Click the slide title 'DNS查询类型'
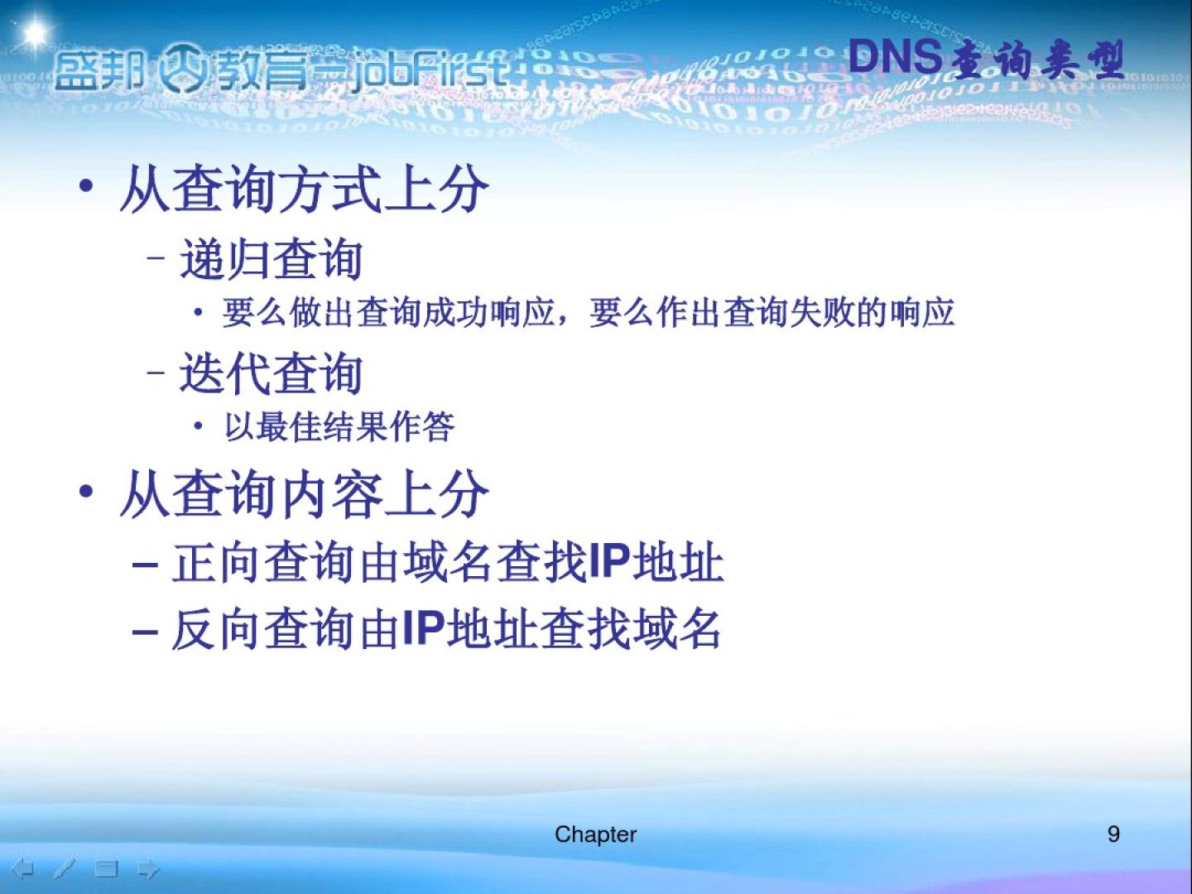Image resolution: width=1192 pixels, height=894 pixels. pyautogui.click(x=986, y=59)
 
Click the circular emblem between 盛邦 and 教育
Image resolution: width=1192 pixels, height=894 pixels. pyautogui.click(x=182, y=67)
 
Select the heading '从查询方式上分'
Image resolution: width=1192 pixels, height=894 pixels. pyautogui.click(x=304, y=189)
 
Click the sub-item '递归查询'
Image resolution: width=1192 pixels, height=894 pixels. pyautogui.click(x=271, y=259)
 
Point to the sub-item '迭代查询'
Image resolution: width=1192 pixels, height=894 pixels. pyautogui.click(x=271, y=372)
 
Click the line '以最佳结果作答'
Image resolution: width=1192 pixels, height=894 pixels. pyautogui.click(x=339, y=426)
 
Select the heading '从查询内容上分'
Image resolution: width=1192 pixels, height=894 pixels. pyautogui.click(x=304, y=493)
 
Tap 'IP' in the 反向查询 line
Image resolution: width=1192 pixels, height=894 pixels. pyautogui.click(x=424, y=628)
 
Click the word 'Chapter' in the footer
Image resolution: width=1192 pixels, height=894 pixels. pyautogui.click(x=595, y=834)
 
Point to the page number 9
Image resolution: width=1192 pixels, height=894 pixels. pyautogui.click(x=1113, y=834)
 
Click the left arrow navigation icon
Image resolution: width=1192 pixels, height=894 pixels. pyautogui.click(x=23, y=869)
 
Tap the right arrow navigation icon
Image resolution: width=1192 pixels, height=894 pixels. pyautogui.click(x=149, y=869)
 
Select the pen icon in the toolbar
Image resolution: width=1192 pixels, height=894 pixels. pyautogui.click(x=65, y=868)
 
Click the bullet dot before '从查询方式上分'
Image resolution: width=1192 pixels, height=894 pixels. pyautogui.click(x=86, y=186)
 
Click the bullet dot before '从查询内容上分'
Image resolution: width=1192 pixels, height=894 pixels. pyautogui.click(x=86, y=491)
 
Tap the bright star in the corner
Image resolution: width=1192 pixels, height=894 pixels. pyautogui.click(x=36, y=32)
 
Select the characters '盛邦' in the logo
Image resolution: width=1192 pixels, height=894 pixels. pyautogui.click(x=99, y=70)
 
